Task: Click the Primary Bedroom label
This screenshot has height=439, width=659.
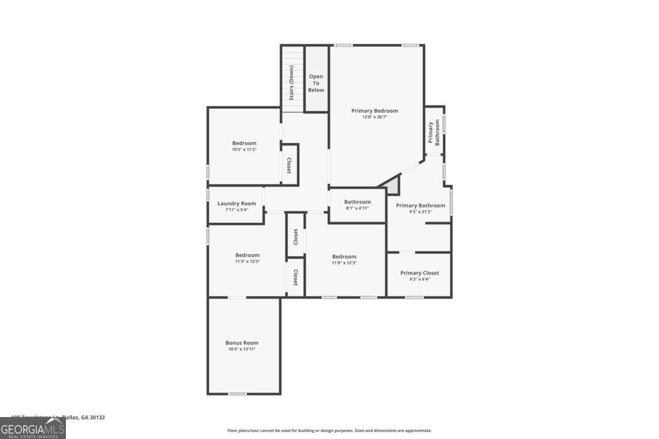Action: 375,111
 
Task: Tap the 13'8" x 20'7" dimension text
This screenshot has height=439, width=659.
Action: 375,117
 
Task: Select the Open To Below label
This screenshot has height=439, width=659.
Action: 316,83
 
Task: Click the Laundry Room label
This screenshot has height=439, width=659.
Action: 237,204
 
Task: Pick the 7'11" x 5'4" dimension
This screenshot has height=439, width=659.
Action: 237,210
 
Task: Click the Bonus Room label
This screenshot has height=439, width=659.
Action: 242,343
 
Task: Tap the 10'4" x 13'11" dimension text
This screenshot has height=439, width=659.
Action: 242,349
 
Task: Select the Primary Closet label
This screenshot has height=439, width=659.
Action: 420,273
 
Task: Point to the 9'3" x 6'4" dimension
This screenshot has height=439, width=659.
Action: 420,279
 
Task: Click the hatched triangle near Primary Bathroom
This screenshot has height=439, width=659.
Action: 394,187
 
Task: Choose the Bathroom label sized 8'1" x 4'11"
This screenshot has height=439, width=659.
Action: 358,202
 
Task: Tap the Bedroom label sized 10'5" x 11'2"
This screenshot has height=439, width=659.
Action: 244,143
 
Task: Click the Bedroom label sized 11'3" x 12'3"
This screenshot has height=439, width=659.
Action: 247,255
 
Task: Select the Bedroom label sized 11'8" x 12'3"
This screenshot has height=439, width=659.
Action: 344,257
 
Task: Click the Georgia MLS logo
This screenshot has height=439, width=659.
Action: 33,428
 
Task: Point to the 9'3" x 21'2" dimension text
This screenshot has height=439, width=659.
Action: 421,212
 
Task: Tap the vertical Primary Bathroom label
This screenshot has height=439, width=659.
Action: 434,133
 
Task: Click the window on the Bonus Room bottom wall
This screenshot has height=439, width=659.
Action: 237,393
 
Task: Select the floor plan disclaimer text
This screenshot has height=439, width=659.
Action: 329,431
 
